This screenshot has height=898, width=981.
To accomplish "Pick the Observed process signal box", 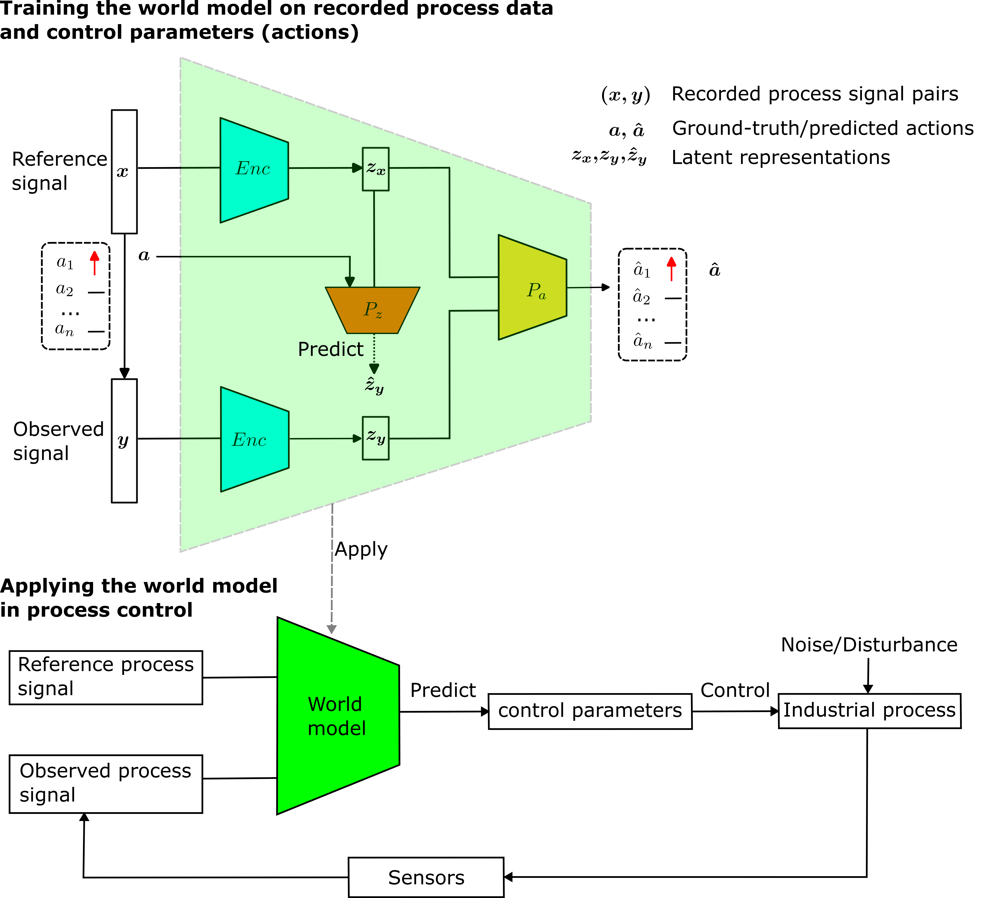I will point(106,784).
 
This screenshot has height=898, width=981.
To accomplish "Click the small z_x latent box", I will point(376,169).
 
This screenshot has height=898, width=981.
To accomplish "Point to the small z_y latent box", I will point(376,438).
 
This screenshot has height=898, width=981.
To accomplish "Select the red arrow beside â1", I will point(671,269).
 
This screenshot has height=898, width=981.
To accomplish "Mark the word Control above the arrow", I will point(735,690).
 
